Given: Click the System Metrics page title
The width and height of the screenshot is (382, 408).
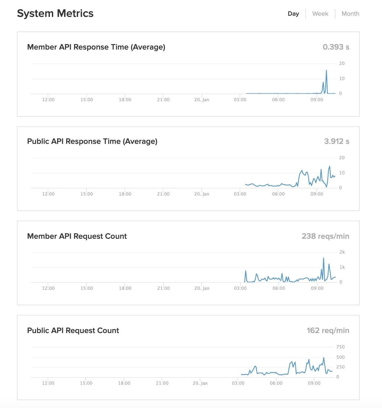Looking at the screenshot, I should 55,14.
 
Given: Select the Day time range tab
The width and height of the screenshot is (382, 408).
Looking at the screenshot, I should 293,14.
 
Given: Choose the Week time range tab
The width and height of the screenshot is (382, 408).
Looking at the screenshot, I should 320,14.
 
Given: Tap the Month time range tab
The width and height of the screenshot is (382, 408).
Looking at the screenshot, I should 350,14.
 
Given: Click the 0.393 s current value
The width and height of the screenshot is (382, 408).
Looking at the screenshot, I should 336,47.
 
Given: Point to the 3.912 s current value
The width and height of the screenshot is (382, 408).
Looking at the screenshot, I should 336,141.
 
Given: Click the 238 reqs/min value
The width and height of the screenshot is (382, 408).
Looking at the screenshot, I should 325,236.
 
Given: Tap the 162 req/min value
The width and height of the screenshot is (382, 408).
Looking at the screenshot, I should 328,331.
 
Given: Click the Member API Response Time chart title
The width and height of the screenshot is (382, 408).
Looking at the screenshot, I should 96,47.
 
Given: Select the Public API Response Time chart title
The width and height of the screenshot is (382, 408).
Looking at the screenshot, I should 92,141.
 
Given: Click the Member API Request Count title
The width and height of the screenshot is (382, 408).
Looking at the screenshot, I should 77,236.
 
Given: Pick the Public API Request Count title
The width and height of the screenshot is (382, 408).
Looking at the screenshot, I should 73,331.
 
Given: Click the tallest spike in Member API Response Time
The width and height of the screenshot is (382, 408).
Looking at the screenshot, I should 326,71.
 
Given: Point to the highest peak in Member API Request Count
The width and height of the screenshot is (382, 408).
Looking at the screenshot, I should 323,258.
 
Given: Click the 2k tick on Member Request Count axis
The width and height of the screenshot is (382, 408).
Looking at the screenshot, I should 342,252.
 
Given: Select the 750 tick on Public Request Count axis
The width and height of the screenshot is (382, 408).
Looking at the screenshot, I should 340,347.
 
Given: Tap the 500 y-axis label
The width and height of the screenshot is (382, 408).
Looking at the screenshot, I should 340,357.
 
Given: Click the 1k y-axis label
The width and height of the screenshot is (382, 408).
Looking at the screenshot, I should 342,267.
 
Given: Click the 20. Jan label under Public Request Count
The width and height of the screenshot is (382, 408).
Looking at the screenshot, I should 200,383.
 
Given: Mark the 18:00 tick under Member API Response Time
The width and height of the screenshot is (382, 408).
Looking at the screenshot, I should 125,100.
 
